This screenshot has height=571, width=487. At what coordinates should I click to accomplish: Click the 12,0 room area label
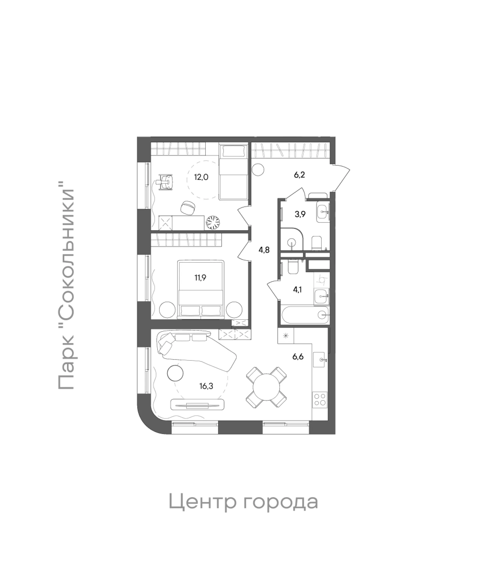(201, 177)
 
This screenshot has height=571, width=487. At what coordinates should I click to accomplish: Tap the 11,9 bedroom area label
(200, 277)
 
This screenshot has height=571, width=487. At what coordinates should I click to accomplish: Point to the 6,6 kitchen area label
(298, 357)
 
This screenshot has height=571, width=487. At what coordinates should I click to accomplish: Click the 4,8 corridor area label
(264, 250)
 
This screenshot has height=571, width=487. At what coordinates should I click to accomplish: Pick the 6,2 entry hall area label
(299, 175)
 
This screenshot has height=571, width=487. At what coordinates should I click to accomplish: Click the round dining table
(266, 387)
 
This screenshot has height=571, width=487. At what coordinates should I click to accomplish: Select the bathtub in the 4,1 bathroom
(305, 314)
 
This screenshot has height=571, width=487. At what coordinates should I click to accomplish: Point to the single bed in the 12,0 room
(234, 171)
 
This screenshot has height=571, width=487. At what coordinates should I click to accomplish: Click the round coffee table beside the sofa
(175, 373)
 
